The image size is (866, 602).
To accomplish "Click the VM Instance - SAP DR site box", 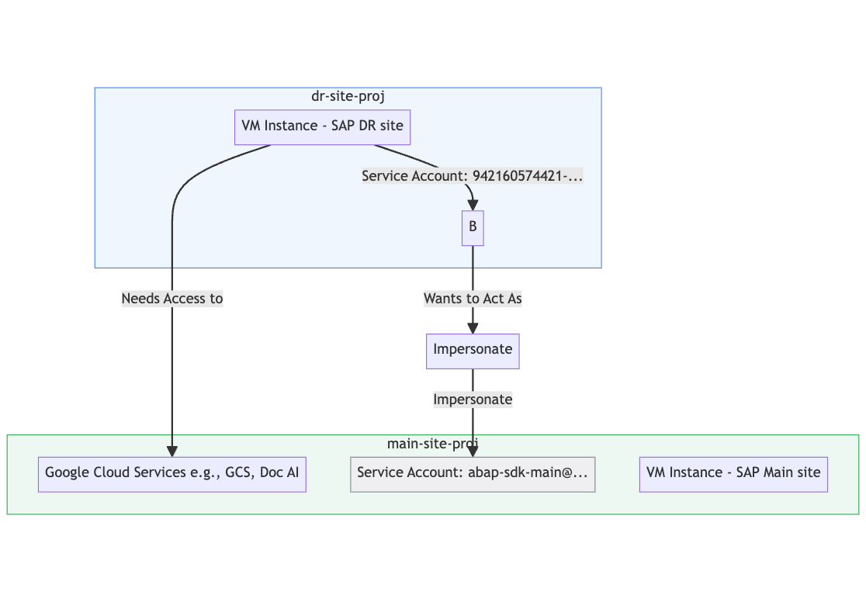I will (x=322, y=126).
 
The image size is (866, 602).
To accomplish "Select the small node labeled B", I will (x=473, y=227).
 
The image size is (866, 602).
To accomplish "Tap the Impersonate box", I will (x=473, y=351).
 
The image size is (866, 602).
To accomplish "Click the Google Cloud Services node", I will (x=172, y=473).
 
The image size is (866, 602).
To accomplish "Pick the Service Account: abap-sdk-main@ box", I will (x=473, y=473).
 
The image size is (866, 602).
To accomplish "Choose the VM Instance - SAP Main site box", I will (x=733, y=473).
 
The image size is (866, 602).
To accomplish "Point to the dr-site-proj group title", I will (x=348, y=96).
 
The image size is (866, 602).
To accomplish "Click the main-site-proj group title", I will (x=432, y=443).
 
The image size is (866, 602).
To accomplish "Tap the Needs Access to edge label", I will (x=172, y=299).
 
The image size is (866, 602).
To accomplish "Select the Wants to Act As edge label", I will (x=473, y=299).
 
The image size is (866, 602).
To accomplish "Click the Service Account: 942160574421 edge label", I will (x=472, y=176).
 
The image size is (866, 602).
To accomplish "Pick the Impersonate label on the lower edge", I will (x=473, y=400).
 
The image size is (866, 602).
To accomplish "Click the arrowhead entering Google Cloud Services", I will (x=172, y=451).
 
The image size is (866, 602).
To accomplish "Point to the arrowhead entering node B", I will (x=472, y=205).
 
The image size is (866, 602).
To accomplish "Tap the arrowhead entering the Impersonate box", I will (x=473, y=328).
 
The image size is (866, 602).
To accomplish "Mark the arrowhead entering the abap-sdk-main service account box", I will (x=473, y=451).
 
